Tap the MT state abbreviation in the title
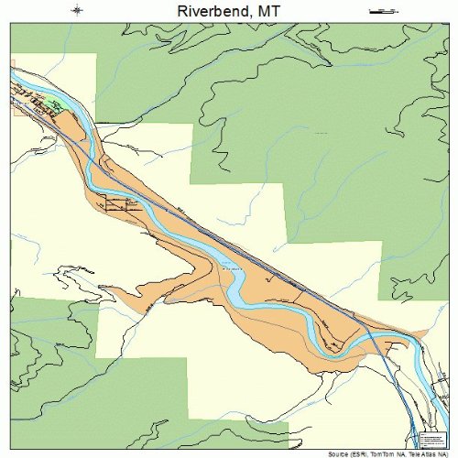click(x=266, y=10)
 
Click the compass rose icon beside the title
click(x=78, y=10)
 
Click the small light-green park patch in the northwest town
click(x=57, y=105)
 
